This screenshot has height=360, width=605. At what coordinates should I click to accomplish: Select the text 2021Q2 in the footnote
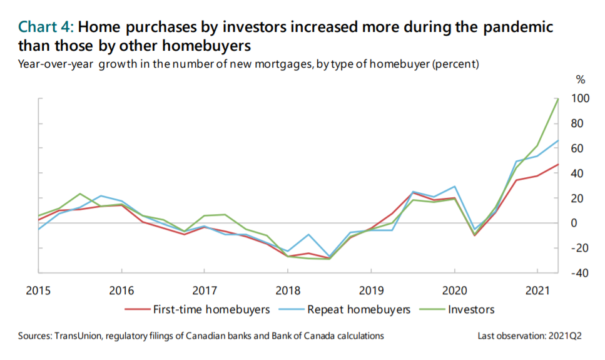tap(566, 336)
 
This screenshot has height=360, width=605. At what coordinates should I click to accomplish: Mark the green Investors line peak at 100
tap(558, 98)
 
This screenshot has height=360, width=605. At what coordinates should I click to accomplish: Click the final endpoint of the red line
tap(558, 164)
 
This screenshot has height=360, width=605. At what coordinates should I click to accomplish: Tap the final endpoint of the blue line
tap(558, 140)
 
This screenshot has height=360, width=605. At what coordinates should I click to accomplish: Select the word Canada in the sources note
tap(318, 336)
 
